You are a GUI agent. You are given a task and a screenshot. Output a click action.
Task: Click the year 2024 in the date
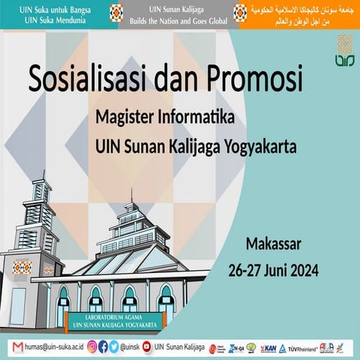click(301, 269)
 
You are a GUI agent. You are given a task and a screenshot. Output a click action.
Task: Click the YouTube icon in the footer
click(146, 347)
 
